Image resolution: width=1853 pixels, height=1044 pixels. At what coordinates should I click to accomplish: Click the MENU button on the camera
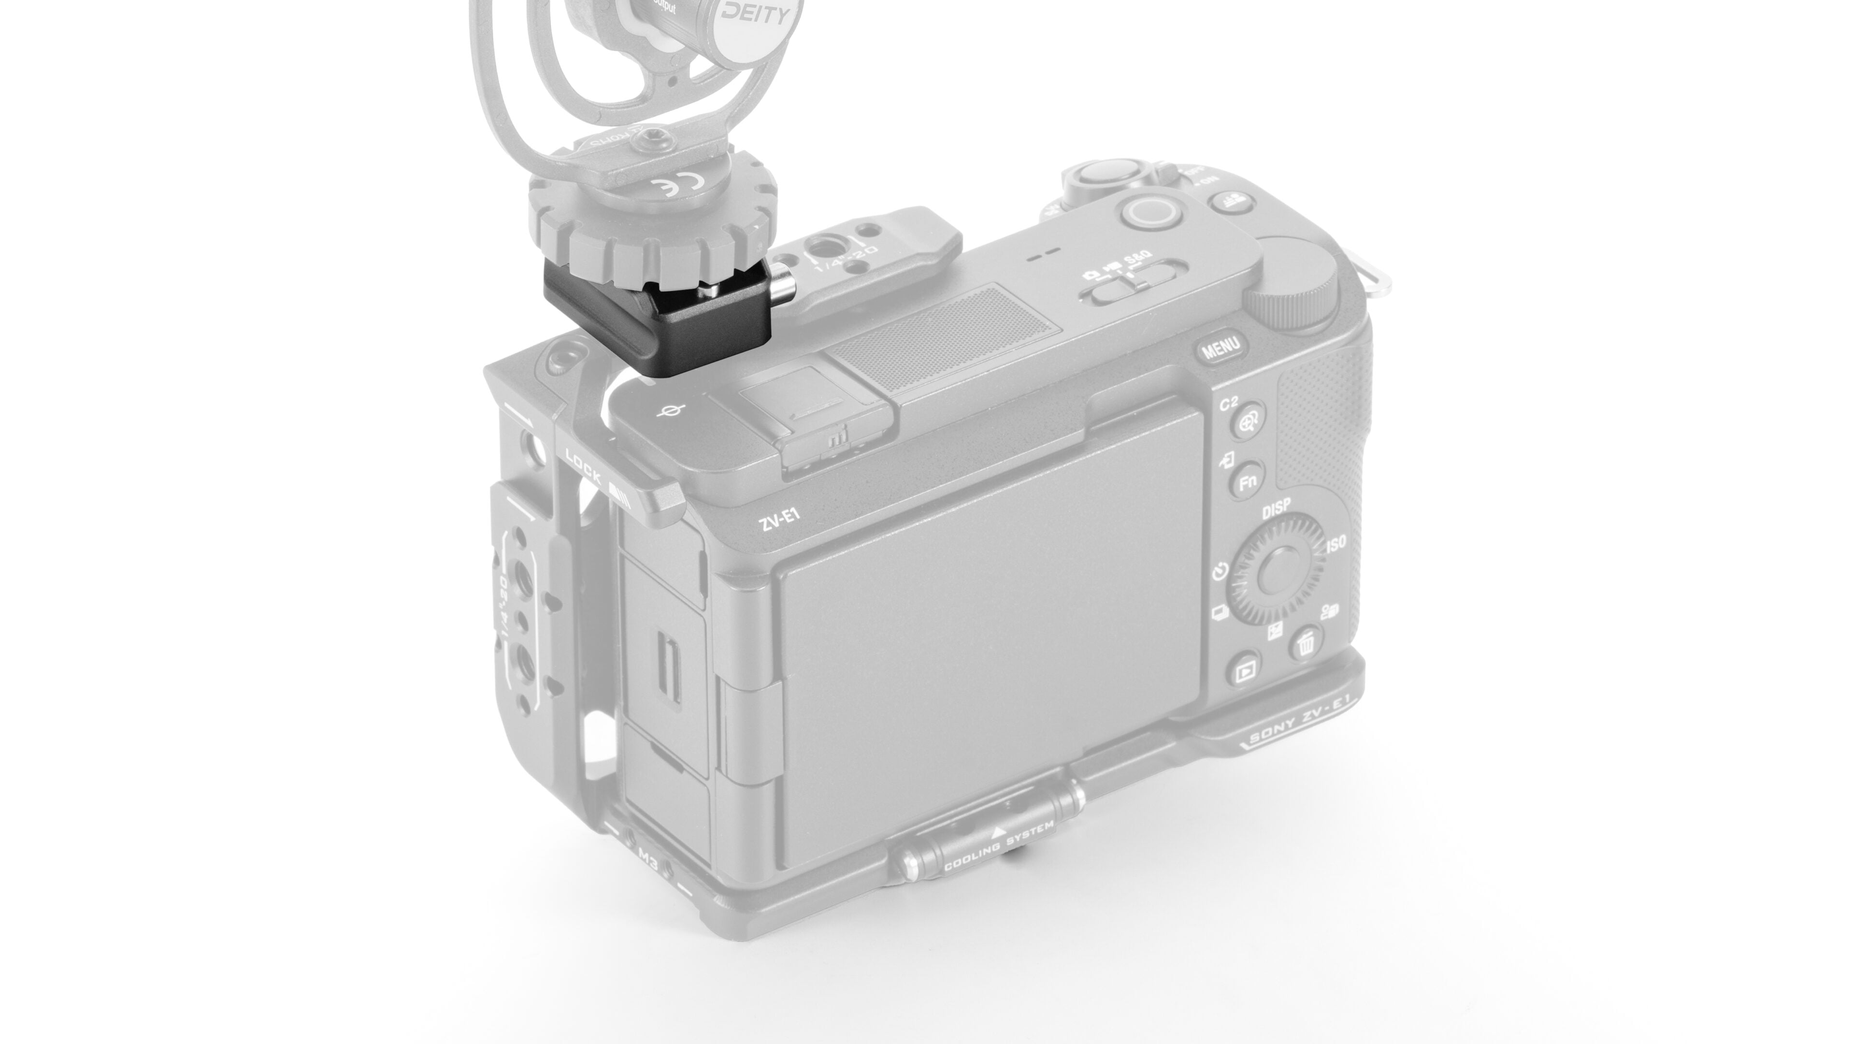[1221, 348]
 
